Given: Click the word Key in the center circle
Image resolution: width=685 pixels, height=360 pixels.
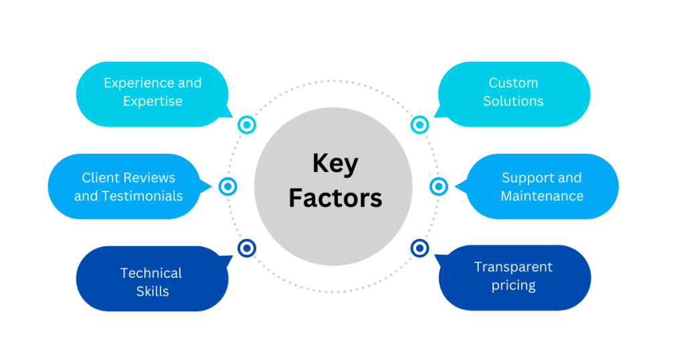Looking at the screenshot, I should click(x=335, y=165).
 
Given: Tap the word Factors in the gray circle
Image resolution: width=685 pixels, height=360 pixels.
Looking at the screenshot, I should click(x=335, y=199).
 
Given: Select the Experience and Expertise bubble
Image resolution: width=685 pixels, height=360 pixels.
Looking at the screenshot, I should click(x=153, y=93).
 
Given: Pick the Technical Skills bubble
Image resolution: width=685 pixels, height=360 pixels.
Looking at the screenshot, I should click(x=153, y=282).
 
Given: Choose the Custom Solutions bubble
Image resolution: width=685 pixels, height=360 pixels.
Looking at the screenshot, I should click(x=514, y=93).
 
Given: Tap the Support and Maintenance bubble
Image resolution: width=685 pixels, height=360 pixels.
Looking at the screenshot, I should click(x=542, y=187).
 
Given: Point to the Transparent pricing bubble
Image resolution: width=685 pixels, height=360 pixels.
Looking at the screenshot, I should click(x=514, y=276).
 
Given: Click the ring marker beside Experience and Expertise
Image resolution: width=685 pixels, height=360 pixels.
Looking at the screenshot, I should click(x=247, y=124).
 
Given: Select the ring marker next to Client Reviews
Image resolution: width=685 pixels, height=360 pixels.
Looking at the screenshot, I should click(x=228, y=187).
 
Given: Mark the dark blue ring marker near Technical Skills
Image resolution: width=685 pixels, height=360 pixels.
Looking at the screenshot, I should click(x=247, y=248).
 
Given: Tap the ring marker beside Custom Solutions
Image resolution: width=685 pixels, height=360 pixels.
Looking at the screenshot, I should click(x=419, y=124).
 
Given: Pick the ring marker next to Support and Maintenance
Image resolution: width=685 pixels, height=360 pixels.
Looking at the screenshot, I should click(x=438, y=187).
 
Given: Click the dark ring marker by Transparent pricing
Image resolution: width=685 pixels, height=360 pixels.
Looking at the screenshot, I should click(x=419, y=248).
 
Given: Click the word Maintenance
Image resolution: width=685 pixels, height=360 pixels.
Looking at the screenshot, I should click(x=542, y=196).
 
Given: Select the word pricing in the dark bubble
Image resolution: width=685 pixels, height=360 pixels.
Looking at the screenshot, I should click(x=514, y=286).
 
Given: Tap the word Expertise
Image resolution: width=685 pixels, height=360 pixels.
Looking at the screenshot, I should click(x=153, y=102).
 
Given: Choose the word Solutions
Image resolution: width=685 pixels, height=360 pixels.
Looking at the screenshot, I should click(x=514, y=102).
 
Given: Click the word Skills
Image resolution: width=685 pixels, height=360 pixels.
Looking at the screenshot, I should click(x=153, y=291).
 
